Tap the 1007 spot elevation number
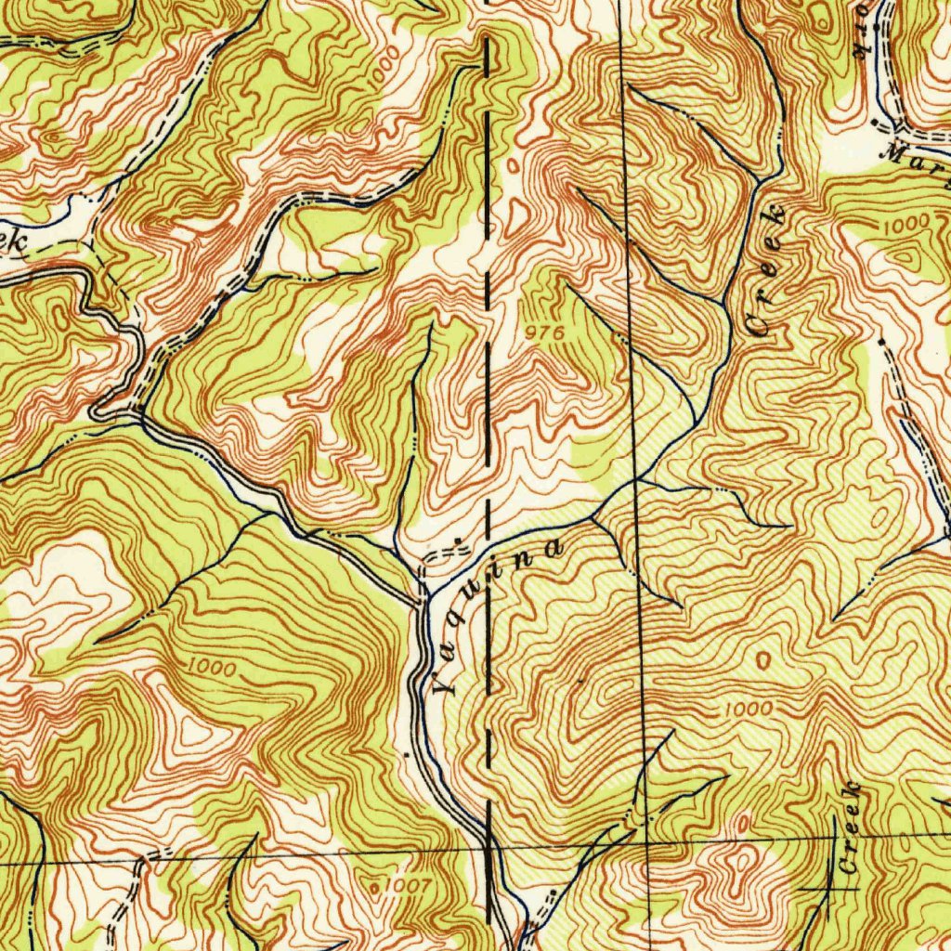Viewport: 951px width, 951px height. tap(405, 886)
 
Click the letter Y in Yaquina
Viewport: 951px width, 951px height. tap(445, 686)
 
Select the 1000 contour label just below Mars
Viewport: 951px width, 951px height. tap(899, 226)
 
